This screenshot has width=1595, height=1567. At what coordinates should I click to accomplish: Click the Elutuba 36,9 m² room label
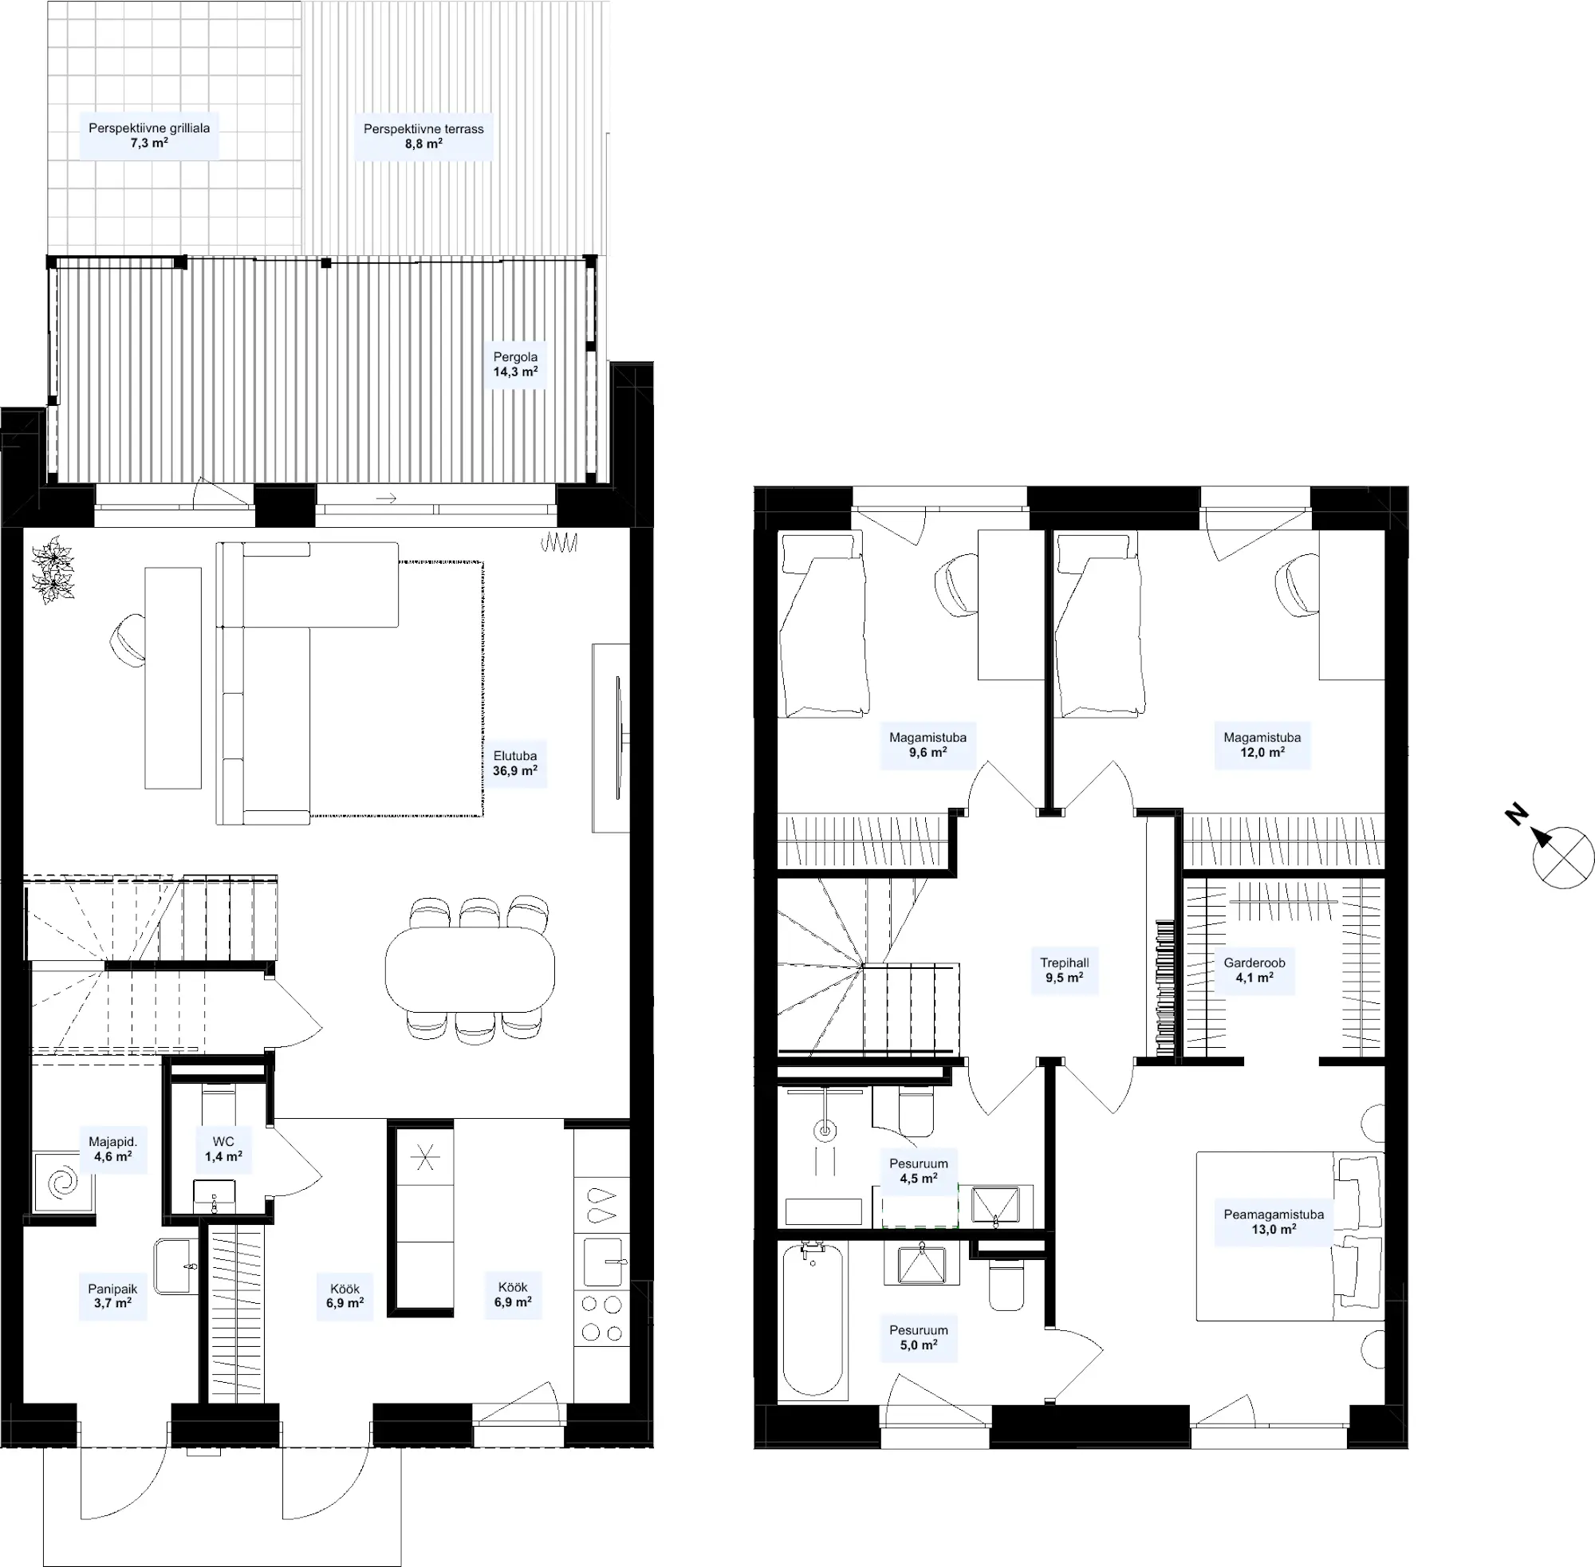[x=515, y=763]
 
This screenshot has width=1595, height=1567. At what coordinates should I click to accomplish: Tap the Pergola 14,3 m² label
[x=515, y=364]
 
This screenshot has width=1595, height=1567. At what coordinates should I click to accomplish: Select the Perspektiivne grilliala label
[x=149, y=135]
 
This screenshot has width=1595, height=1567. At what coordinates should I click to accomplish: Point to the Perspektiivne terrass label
[x=423, y=136]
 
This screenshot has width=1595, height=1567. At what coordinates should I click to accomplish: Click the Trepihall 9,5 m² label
[x=1064, y=971]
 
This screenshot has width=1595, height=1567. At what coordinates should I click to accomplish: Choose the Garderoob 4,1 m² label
[x=1254, y=971]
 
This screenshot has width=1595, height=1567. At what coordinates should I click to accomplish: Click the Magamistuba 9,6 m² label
[x=927, y=745]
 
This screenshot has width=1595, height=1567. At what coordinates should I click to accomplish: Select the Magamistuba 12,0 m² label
[x=1262, y=745]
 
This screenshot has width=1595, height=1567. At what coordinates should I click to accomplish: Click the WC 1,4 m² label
[x=223, y=1148]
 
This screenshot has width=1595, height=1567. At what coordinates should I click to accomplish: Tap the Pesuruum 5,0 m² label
[x=919, y=1337]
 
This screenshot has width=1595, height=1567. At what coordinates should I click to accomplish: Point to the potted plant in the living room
[x=53, y=569]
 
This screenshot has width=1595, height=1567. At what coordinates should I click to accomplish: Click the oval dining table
[x=469, y=969]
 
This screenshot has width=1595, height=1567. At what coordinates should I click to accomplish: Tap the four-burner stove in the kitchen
[x=601, y=1317]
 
